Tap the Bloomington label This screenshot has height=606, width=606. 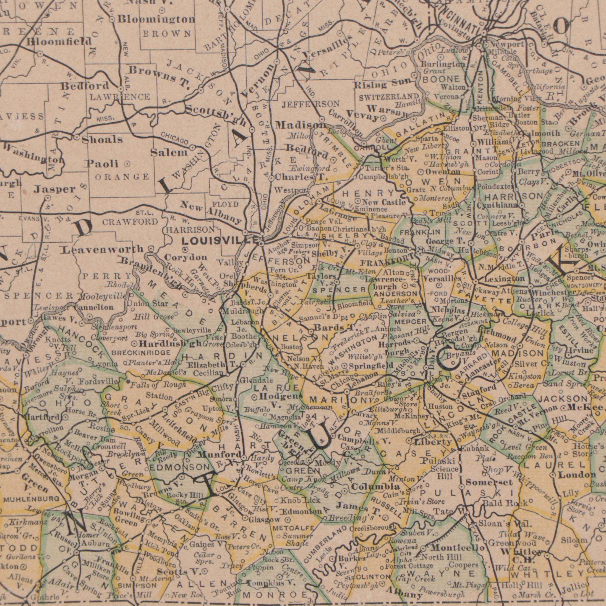(157, 19)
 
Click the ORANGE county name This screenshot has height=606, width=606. (122, 177)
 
